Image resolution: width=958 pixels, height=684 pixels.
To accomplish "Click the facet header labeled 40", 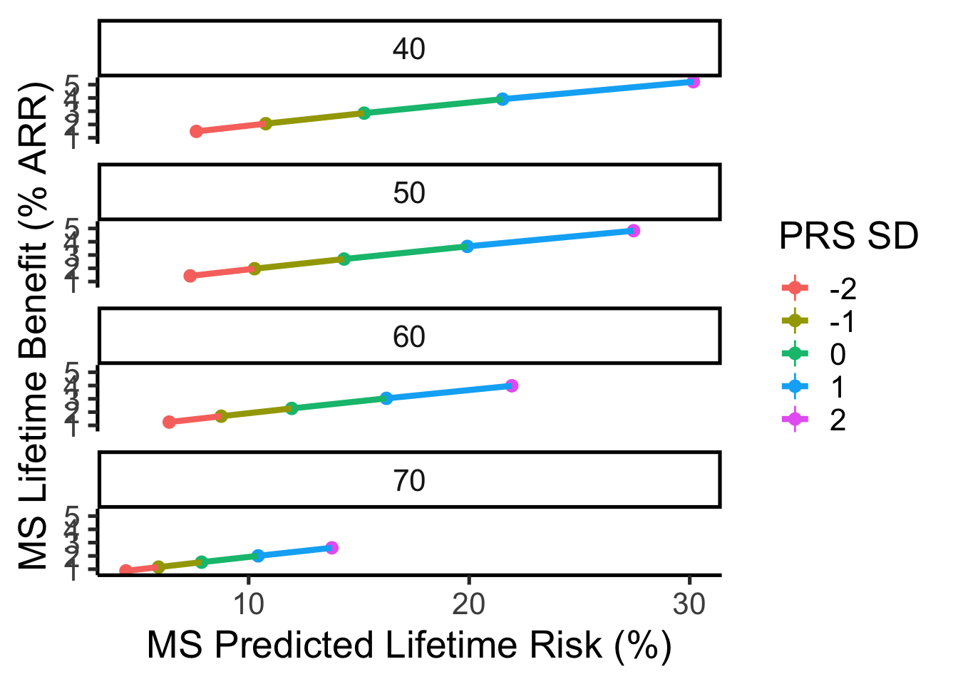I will coord(409,48).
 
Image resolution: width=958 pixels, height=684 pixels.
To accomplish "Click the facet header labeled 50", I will coord(409,192).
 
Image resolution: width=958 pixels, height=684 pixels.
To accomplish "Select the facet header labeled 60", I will coord(409,336).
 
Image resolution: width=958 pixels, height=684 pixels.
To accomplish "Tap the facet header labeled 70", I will coord(409,481).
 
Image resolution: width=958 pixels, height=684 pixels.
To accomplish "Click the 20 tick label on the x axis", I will coord(468,604).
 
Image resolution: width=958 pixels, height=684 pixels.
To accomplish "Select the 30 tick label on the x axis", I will coord(689,604).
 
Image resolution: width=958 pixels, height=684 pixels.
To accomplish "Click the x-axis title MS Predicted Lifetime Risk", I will coord(409,646).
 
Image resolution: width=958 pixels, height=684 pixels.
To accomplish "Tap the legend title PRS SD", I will coord(848,236).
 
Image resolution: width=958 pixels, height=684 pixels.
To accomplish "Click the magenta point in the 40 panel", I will coord(693,82).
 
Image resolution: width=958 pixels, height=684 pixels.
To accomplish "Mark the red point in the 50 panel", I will coord(190,276).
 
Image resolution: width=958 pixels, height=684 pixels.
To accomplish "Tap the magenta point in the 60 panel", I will coord(511,385).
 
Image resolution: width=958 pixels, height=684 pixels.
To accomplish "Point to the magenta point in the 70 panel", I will coord(331,547).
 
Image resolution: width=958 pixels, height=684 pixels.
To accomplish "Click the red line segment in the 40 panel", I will coord(230,128).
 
